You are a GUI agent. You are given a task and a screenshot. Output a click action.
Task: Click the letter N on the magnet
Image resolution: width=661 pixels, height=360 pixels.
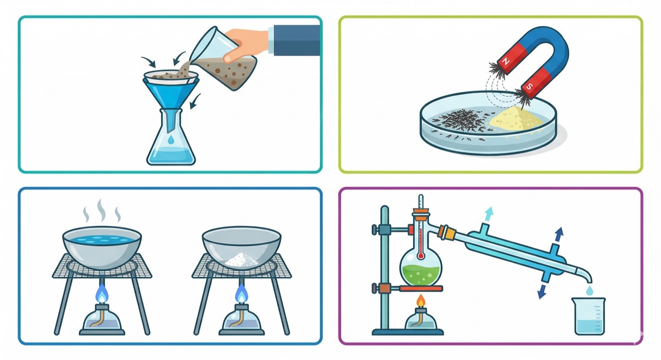tap(506, 61)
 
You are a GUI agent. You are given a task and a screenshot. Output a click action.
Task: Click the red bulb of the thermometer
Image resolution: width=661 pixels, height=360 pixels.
tap(421, 255)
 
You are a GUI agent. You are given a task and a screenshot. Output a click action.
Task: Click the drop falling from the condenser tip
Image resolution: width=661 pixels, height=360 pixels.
tap(589, 290)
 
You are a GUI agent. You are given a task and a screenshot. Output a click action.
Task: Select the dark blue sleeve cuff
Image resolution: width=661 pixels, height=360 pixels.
tap(297, 40)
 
